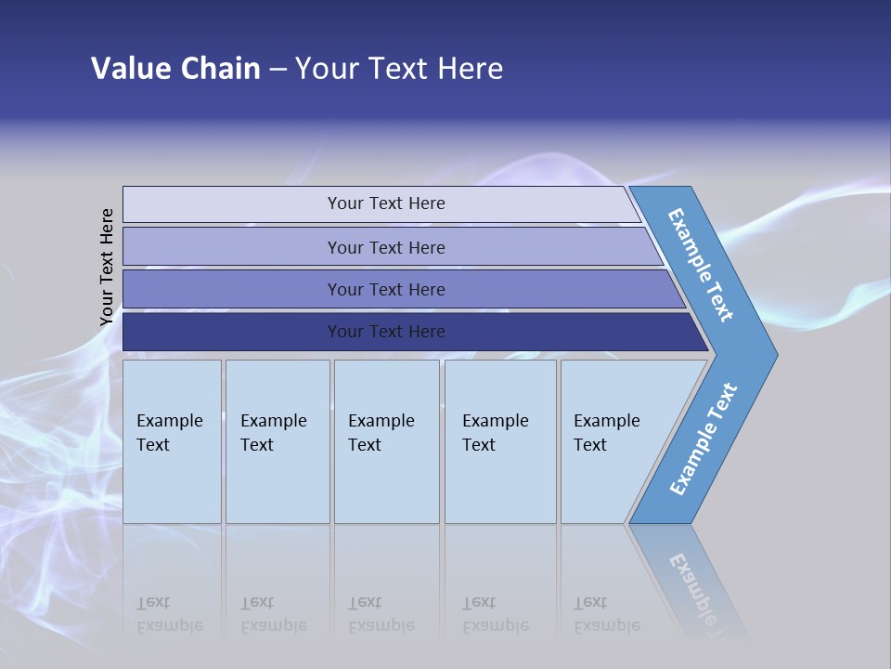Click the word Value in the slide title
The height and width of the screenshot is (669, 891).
click(x=129, y=69)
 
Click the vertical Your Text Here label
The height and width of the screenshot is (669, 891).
click(x=107, y=267)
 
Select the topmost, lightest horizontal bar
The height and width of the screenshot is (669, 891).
click(x=385, y=203)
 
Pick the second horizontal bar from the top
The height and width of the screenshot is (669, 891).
click(x=385, y=247)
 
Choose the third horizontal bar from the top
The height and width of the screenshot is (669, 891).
click(x=385, y=289)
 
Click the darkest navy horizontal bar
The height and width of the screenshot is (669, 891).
click(x=385, y=332)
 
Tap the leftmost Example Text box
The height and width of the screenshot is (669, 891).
click(x=172, y=441)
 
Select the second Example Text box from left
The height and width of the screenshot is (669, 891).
click(x=277, y=441)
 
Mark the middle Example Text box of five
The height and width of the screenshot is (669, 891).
click(x=386, y=441)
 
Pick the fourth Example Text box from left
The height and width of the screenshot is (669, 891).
click(x=499, y=441)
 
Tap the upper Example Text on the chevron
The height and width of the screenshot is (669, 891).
click(x=702, y=265)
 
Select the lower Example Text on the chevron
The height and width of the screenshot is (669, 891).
click(x=704, y=439)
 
